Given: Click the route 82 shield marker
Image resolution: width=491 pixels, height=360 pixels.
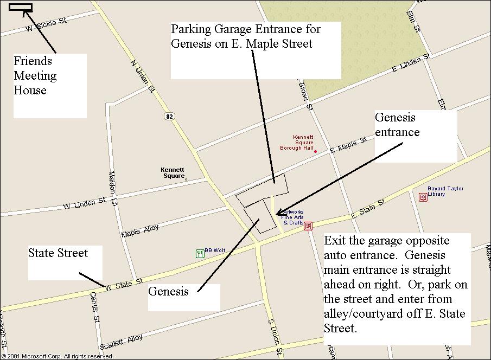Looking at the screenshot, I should (x=170, y=117).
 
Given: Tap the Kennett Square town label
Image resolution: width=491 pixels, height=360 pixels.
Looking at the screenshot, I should (x=173, y=172).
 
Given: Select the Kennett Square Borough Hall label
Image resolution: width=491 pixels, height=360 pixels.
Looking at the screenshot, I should (x=297, y=142).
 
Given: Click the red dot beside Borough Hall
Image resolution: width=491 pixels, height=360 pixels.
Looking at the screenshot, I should (x=315, y=151).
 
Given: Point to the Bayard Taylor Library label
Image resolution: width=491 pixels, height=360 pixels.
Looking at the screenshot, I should (x=443, y=191).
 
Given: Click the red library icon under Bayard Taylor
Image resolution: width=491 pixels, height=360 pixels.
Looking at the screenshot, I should (x=423, y=197).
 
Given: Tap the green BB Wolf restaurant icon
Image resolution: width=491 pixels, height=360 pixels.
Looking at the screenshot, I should (x=200, y=253).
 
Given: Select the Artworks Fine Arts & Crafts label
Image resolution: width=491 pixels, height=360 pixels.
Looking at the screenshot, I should (x=293, y=217).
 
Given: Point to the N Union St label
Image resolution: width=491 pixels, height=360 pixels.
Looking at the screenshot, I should (x=140, y=72).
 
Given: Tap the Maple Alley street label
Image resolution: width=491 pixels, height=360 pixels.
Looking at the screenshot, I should (x=140, y=231).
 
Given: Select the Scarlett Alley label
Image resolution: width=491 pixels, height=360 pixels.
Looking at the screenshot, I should (x=121, y=342).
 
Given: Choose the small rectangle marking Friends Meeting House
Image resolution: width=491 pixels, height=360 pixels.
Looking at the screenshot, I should (x=21, y=8).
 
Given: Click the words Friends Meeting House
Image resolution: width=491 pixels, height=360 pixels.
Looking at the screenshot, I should (x=35, y=75).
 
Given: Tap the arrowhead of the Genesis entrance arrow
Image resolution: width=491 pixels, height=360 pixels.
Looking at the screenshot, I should (x=278, y=215).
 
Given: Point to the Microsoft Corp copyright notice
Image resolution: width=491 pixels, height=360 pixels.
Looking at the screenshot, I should (x=57, y=356).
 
